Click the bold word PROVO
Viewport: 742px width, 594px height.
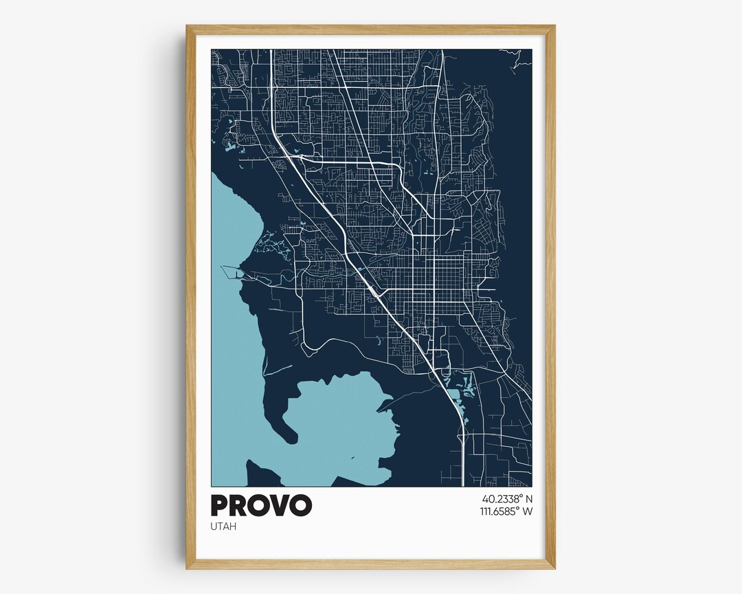261,505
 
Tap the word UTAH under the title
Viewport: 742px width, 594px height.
223,527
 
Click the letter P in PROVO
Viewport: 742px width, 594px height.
220,505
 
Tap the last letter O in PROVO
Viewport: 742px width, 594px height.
300,505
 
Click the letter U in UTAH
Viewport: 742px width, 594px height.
214,527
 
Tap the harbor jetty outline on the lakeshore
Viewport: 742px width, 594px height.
232,272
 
